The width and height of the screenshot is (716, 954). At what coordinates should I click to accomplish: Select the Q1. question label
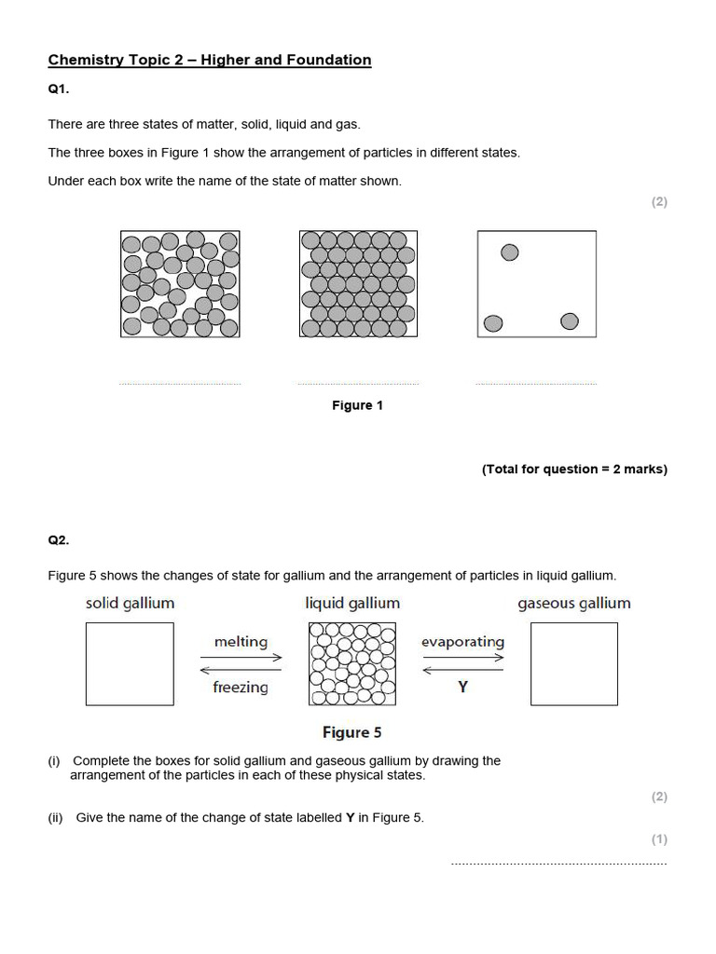coord(59,90)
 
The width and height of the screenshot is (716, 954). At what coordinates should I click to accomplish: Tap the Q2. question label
coord(59,539)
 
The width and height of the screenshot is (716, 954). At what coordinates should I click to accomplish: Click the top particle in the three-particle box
coord(510,252)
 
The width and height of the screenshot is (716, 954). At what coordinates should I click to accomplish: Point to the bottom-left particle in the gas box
coord(493,323)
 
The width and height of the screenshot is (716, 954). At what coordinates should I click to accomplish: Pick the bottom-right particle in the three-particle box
coord(570,321)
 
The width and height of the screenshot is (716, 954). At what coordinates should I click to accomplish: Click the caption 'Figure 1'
coord(357,405)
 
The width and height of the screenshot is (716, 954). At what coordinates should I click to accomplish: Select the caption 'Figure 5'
coord(351,732)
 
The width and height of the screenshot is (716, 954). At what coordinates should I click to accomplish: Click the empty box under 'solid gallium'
coord(130,664)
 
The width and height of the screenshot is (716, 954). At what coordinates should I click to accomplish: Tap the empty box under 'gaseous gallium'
coord(573,664)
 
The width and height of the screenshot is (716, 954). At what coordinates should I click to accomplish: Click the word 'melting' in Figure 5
coord(241,642)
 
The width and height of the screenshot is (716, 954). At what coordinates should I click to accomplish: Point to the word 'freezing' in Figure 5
coord(241,688)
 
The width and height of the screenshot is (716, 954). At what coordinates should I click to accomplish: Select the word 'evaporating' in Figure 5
coord(462,642)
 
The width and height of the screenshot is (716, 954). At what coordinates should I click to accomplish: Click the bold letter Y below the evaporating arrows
coord(462,688)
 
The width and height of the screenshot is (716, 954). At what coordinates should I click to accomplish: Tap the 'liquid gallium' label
coord(352,603)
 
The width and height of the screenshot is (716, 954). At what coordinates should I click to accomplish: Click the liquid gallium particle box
coord(351,664)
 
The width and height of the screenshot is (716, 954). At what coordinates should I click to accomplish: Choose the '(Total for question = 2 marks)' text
coord(574,469)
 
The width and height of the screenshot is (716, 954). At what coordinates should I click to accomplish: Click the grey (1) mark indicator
coord(659,839)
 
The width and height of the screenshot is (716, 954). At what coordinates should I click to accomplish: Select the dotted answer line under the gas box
coord(536,384)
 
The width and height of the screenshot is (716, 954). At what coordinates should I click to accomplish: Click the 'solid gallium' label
coord(130,603)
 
